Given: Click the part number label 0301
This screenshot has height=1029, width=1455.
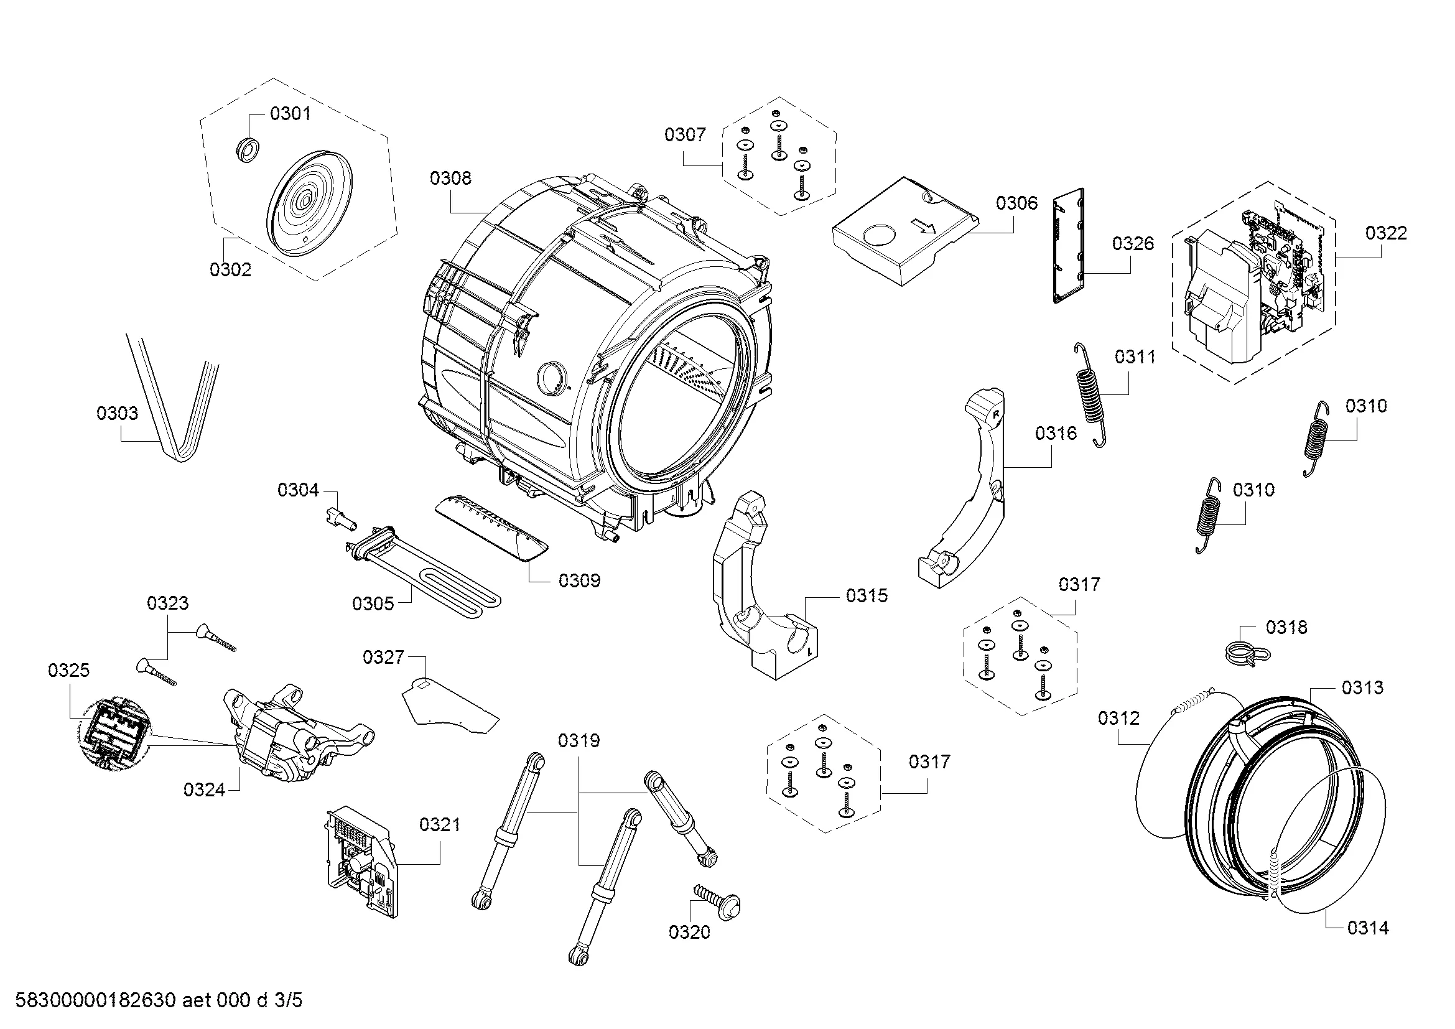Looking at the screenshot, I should pos(291,114).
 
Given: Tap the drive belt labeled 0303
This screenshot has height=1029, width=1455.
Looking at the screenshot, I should pos(174,406).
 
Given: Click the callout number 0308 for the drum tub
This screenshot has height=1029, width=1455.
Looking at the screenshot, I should pos(450,178).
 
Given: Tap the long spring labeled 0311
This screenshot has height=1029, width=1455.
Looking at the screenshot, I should pos(1091,394).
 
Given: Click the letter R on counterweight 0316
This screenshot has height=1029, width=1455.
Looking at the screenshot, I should pos(995,414).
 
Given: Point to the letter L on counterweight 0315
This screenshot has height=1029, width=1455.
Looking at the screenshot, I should pos(809,651).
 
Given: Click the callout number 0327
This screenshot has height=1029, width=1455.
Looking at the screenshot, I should pos(383,657).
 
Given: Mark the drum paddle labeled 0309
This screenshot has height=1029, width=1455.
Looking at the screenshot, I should pos(492,528).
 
